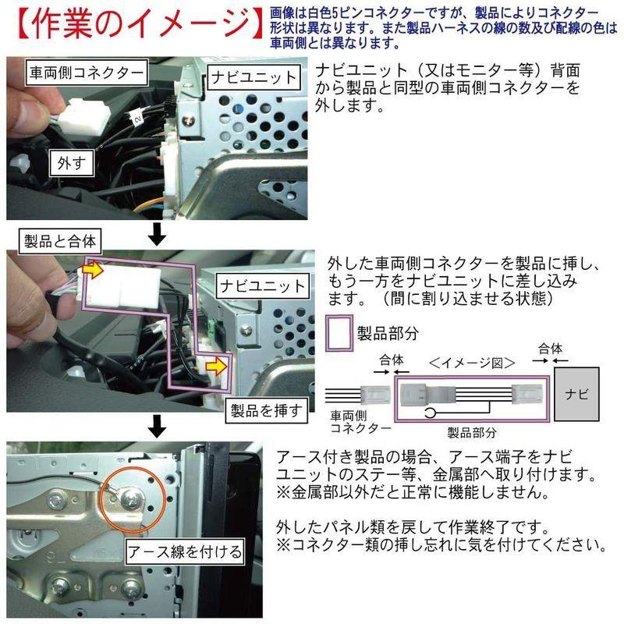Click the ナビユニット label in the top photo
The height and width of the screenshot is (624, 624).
253,77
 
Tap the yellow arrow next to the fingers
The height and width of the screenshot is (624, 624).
92,270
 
